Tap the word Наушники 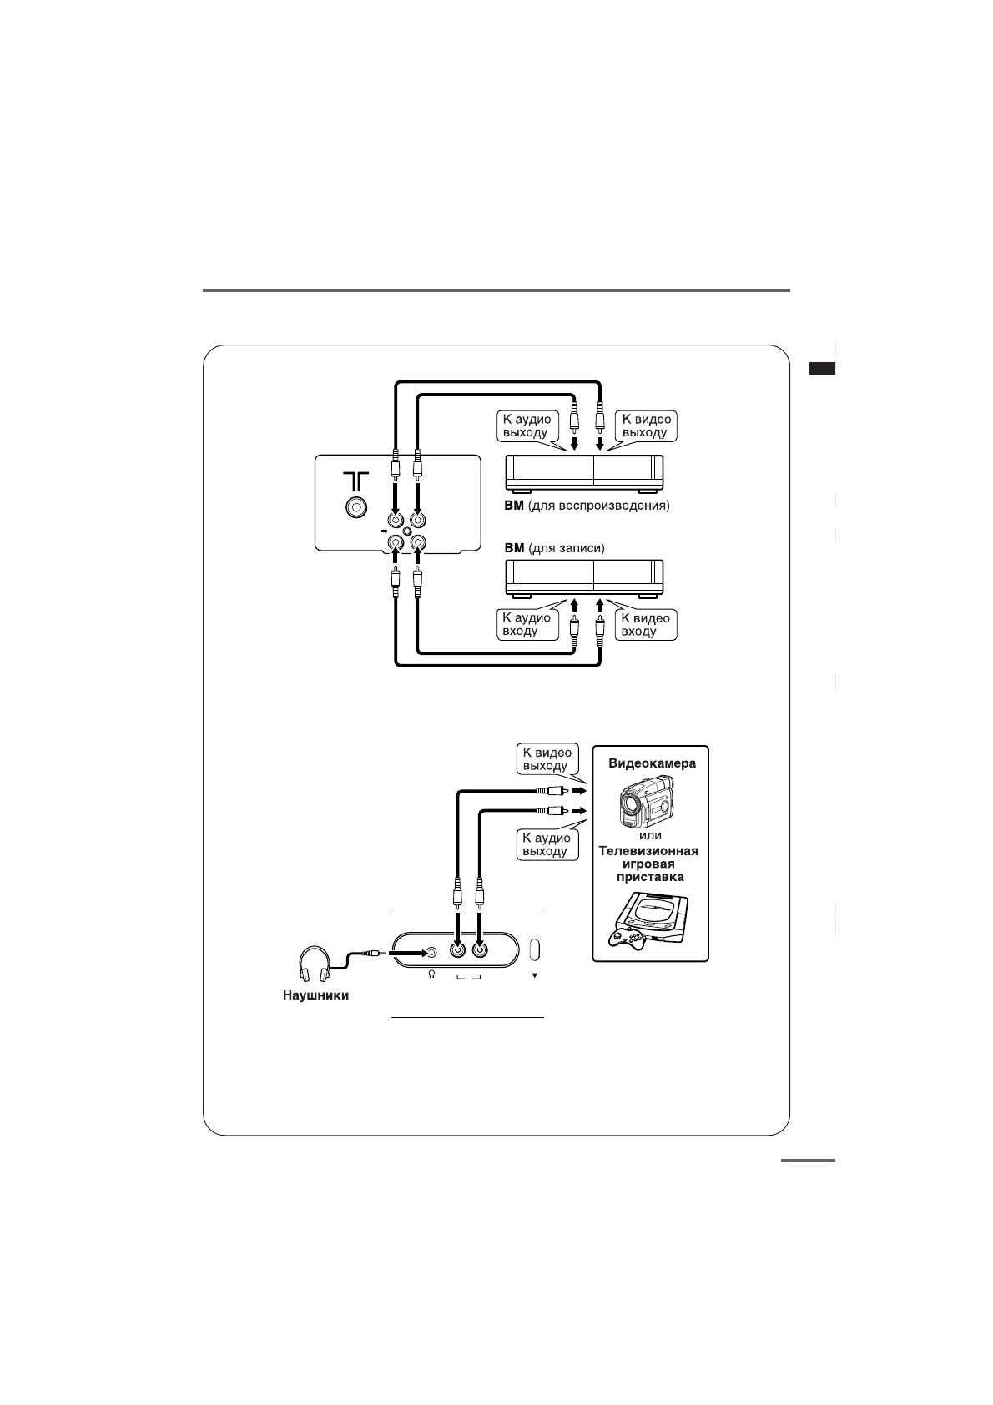coord(315,995)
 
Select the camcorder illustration coord(646,802)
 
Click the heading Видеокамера coord(652,763)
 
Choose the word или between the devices coord(650,835)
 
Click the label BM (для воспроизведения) coord(587,506)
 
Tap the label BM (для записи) coord(554,548)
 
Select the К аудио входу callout coord(526,624)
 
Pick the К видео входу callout coord(645,624)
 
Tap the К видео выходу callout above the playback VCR coord(646,426)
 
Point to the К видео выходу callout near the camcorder coord(547,759)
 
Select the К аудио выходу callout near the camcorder coord(547,844)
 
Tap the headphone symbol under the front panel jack coord(431,974)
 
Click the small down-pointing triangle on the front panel coord(535,974)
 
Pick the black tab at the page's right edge coord(822,369)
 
